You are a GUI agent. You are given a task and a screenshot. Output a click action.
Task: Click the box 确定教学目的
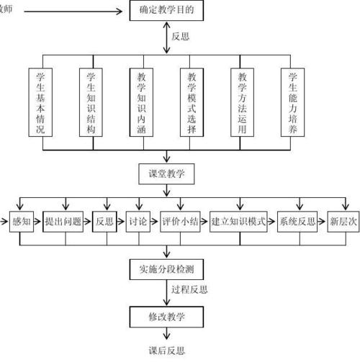coord(166,10)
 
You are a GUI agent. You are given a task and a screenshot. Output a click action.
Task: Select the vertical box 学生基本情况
coord(40,102)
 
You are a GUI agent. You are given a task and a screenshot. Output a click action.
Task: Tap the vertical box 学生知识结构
coord(91,102)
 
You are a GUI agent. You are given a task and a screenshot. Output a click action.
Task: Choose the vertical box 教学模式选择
coord(192,102)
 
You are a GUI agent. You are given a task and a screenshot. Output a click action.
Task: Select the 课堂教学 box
coord(166,173)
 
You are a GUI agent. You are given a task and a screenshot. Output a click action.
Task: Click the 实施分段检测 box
coord(166,269)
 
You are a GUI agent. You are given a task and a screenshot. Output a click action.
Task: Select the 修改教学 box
coord(166,316)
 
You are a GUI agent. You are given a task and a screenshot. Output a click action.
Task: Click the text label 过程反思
coord(190,289)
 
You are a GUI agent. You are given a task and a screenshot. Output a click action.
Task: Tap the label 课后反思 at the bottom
coord(166,350)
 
